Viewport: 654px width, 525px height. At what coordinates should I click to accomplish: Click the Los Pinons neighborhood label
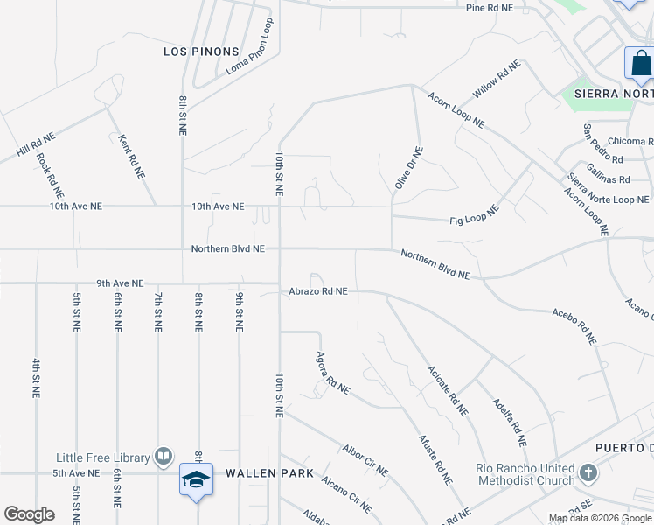[x=202, y=52]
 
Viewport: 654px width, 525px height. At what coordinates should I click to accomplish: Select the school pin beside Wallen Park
[x=196, y=480]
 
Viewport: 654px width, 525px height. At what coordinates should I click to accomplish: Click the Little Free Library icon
[x=163, y=456]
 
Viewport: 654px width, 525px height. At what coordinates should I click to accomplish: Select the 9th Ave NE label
[x=120, y=283]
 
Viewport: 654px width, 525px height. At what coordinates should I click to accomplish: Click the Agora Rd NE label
[x=332, y=372]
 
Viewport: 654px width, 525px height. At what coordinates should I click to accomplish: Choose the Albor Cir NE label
[x=365, y=458]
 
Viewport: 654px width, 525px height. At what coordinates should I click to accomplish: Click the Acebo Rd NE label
[x=574, y=325]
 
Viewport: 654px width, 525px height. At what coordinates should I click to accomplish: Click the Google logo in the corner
[x=29, y=514]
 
